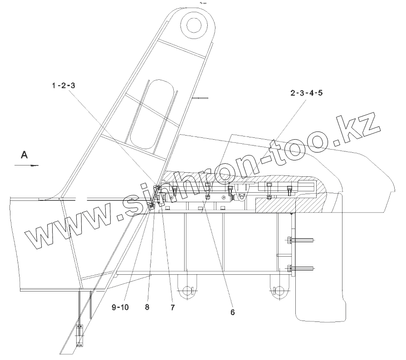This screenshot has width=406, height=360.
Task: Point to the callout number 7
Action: tap(172, 307)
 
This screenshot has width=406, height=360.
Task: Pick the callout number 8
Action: tap(147, 307)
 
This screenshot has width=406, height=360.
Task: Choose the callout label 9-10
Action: tap(120, 307)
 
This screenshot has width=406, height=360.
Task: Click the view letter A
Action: tap(24, 155)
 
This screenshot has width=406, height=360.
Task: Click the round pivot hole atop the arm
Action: tap(196, 23)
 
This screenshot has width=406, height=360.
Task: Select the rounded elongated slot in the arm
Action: tap(152, 113)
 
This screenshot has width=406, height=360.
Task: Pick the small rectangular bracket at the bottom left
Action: tap(80, 336)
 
